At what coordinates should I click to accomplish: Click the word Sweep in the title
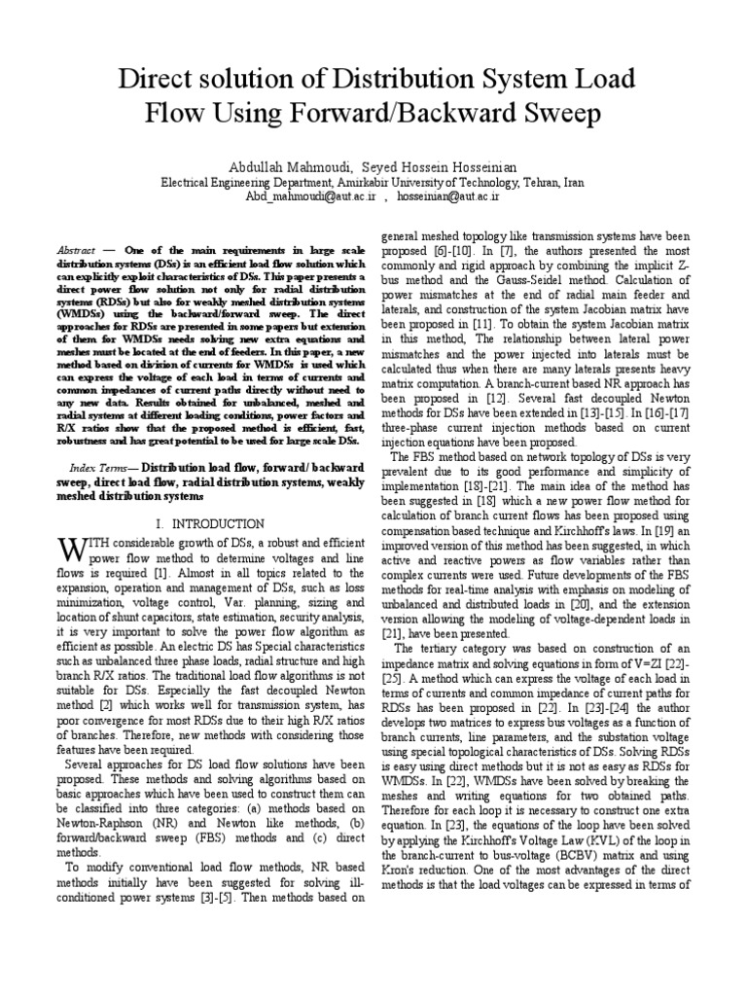click(x=554, y=115)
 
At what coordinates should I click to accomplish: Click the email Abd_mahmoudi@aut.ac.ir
click(x=305, y=196)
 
